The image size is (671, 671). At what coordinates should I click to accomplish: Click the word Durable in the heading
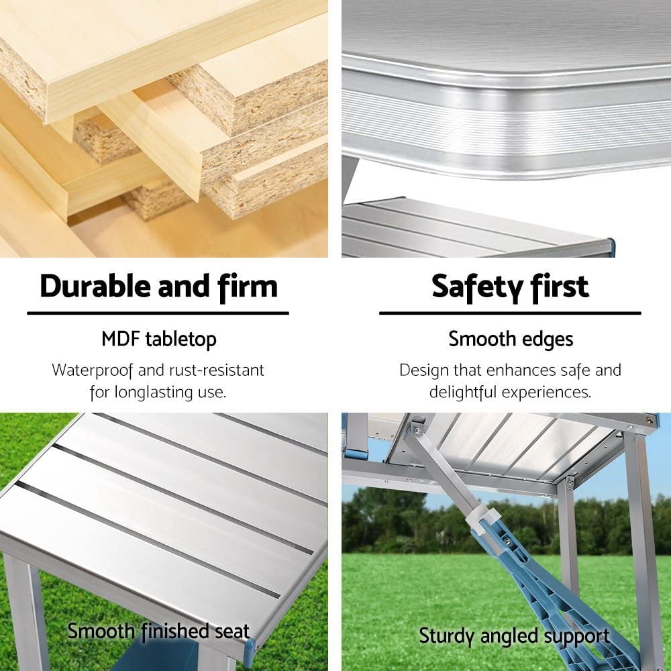[x=95, y=287]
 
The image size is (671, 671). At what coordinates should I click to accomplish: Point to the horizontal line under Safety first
[x=510, y=313]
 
